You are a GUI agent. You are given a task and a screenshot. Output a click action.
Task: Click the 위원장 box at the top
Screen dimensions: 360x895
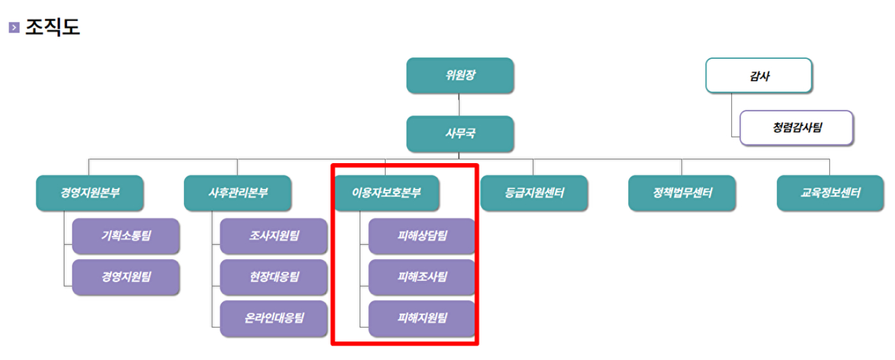point(460,75)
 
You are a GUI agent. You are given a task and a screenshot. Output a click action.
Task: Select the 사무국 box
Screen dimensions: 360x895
point(460,134)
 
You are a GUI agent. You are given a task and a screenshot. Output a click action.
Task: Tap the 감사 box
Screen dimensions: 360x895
point(759,75)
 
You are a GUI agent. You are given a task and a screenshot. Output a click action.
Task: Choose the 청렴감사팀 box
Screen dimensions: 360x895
point(797,127)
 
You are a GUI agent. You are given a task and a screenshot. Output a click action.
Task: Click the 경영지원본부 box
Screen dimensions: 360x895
point(89,192)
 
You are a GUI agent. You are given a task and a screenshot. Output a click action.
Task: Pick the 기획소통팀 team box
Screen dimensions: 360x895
point(126,235)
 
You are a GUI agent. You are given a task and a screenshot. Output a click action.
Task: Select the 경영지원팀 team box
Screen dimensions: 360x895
point(126,277)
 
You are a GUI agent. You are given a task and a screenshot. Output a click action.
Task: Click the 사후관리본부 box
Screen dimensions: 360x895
point(238,192)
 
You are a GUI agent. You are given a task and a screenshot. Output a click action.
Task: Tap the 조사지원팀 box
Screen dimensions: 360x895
point(274,235)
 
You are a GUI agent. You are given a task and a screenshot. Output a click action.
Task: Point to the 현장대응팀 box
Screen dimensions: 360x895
point(274,277)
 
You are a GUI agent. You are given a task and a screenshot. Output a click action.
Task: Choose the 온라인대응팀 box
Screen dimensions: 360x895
point(274,318)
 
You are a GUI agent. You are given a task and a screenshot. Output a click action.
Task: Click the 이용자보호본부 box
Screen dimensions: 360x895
point(386,192)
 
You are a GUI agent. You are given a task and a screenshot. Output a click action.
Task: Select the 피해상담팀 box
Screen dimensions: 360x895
point(422,235)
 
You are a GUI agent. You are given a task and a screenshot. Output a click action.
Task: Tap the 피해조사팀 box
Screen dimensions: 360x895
point(422,277)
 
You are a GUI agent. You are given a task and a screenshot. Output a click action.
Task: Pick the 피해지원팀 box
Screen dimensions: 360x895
point(422,318)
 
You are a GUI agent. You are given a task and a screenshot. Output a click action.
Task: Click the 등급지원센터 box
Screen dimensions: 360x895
point(534,192)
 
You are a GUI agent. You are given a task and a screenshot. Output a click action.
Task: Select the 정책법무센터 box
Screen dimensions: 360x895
point(681,192)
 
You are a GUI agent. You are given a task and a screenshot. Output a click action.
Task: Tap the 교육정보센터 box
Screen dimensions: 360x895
point(830,192)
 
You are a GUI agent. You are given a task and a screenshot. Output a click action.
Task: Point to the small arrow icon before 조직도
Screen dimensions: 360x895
point(14,28)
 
